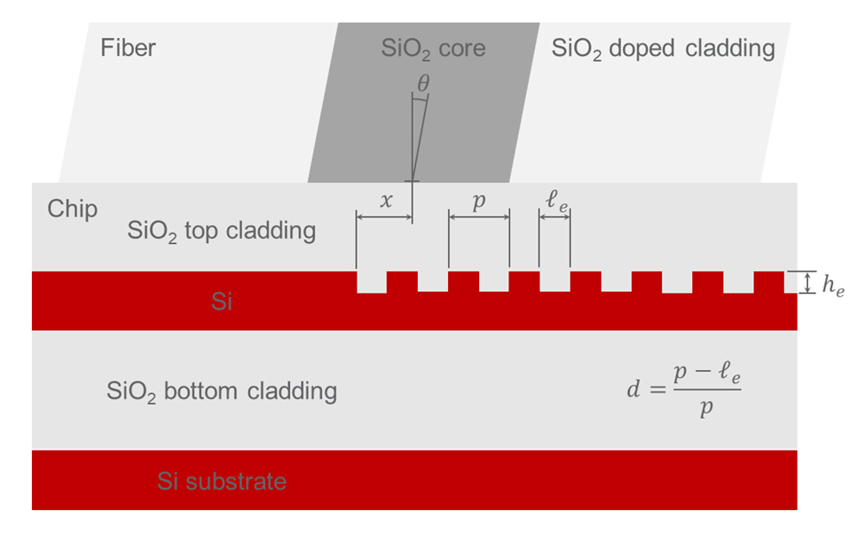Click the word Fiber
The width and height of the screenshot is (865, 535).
point(128,47)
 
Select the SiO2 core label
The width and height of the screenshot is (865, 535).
point(433,48)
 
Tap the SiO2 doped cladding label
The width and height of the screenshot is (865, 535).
point(663,48)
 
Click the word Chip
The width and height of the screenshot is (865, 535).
point(73,210)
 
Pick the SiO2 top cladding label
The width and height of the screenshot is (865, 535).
point(221,232)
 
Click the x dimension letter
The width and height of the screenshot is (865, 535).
point(385,201)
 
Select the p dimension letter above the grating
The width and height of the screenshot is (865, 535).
point(479,201)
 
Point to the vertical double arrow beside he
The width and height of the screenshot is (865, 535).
point(806,282)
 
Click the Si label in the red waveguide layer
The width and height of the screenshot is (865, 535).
point(222,303)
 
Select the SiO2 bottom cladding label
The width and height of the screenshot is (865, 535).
point(221,391)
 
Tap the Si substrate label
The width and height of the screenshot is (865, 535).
point(222,482)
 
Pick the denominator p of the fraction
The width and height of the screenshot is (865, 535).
point(705,409)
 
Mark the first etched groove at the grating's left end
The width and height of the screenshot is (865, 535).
point(371,281)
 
